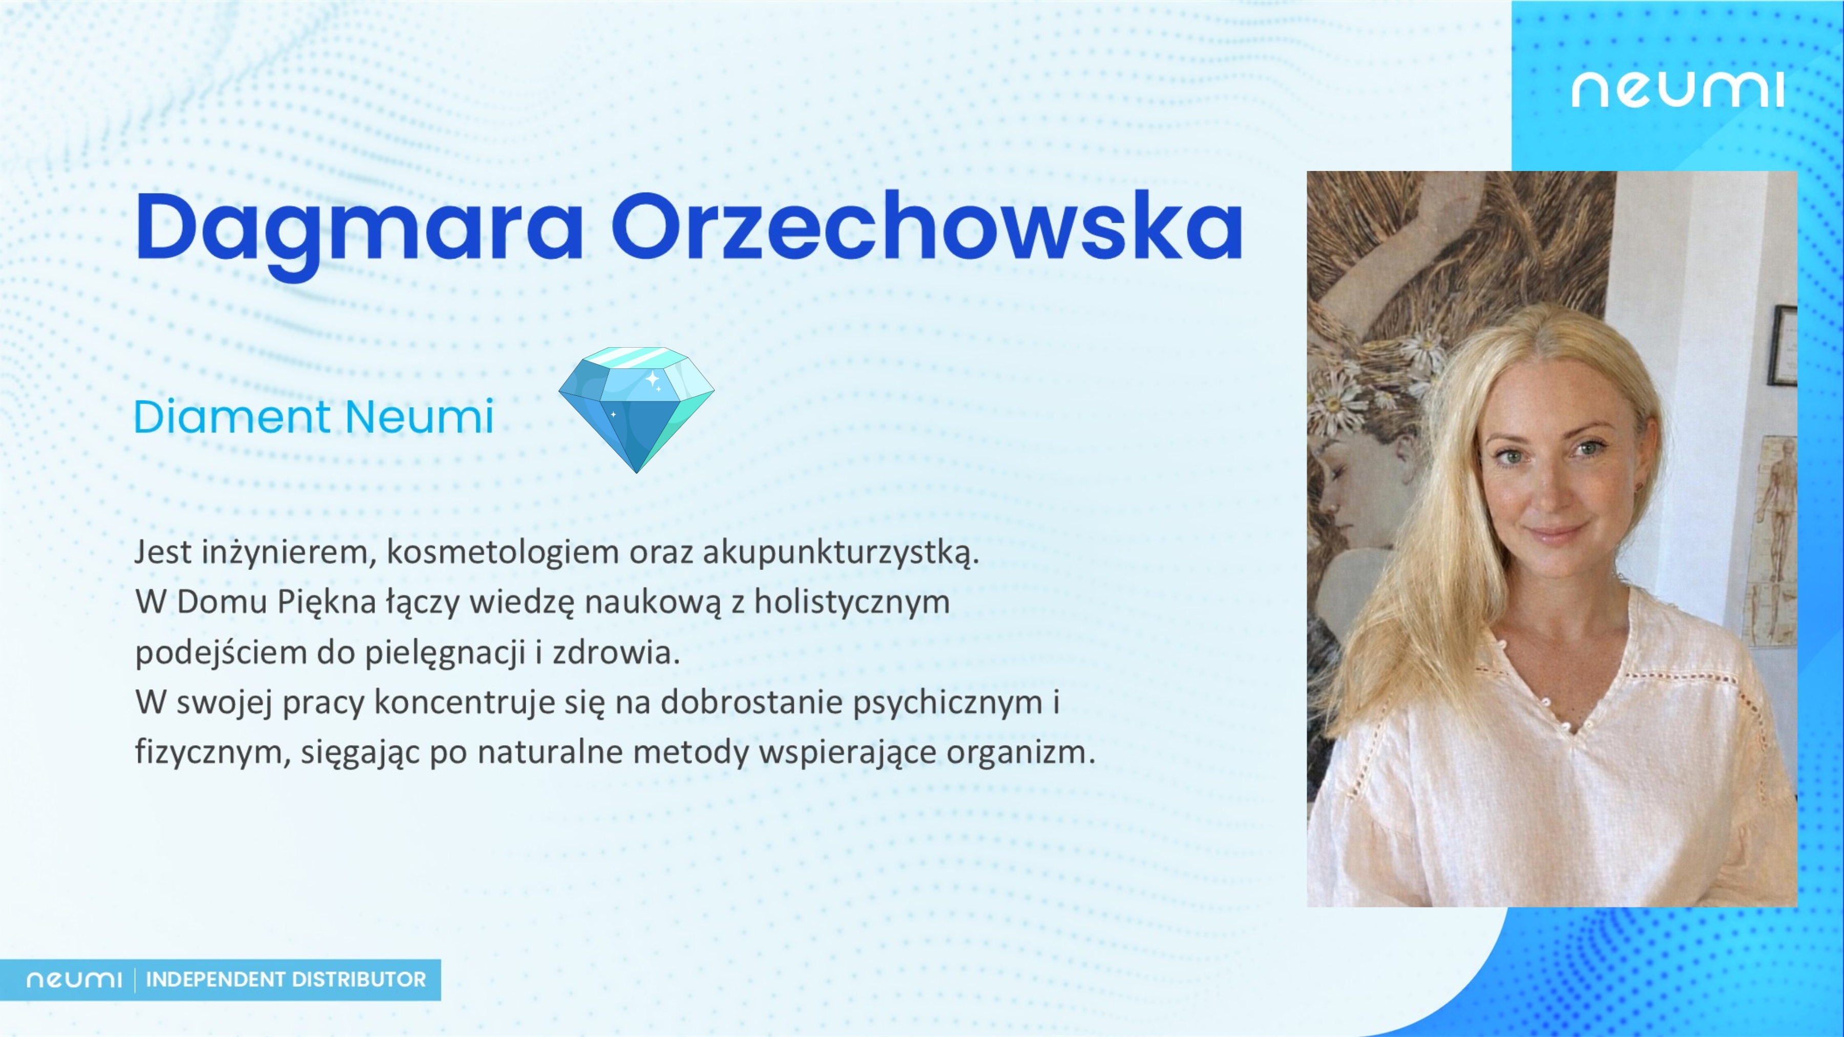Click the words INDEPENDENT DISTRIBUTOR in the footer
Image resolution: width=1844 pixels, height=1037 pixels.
coord(286,979)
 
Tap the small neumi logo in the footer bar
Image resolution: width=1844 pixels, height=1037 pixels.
coord(74,979)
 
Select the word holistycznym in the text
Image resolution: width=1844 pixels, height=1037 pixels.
coord(852,603)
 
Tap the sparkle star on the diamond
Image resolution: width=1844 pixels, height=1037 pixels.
coord(652,378)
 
